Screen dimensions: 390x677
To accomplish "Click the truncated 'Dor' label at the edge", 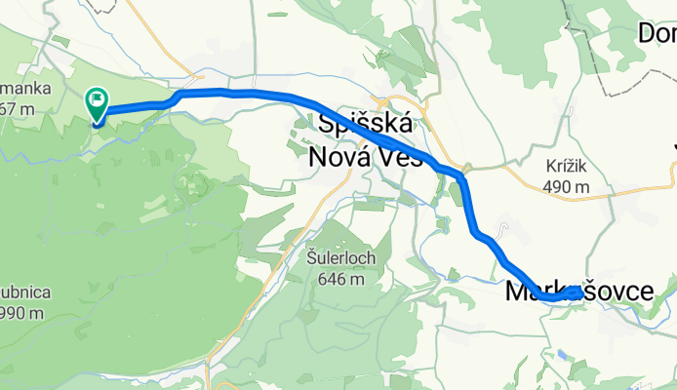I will (657, 33).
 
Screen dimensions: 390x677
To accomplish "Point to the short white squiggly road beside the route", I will (501, 230).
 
